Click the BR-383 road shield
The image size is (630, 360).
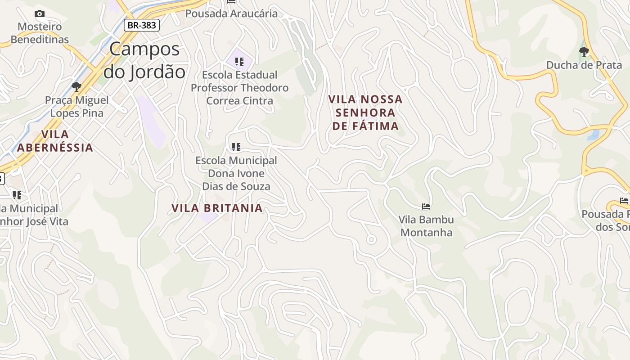click(142, 25)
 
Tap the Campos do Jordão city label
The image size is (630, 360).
click(144, 60)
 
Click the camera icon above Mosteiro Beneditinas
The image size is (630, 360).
click(40, 14)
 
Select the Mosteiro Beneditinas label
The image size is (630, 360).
click(40, 33)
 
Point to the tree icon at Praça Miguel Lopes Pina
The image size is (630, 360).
click(76, 86)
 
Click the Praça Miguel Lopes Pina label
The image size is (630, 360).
click(76, 107)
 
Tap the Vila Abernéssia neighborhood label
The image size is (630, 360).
click(55, 141)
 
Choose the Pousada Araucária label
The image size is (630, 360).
click(231, 13)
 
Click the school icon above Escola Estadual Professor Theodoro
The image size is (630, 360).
click(239, 61)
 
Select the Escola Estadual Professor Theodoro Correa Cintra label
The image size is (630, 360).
click(239, 88)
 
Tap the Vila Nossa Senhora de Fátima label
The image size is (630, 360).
click(365, 112)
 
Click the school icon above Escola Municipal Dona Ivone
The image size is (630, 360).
click(236, 147)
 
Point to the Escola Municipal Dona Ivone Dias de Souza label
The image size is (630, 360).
click(236, 173)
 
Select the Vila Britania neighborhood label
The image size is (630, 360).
click(217, 208)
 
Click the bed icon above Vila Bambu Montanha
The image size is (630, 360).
click(426, 207)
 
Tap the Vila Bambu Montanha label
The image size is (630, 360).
click(426, 226)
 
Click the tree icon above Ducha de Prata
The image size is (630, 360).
click(584, 51)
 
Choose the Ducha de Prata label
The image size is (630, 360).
click(584, 65)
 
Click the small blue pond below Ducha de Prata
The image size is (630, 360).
click(594, 135)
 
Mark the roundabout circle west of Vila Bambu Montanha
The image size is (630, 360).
click(371, 240)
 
